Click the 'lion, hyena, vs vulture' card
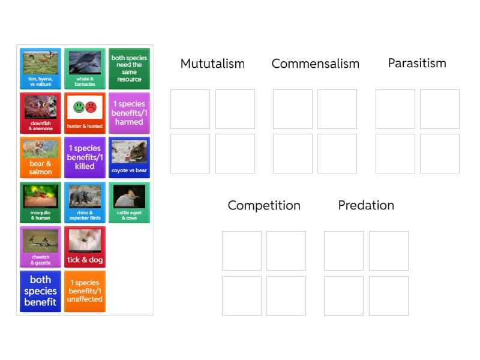click(40, 69)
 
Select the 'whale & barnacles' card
click(85, 69)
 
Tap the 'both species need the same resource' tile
click(129, 69)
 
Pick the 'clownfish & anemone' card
click(40, 113)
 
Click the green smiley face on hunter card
click(79, 107)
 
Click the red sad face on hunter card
click(91, 107)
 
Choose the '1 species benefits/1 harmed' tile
click(129, 113)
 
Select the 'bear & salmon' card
click(40, 158)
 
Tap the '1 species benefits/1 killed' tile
click(85, 158)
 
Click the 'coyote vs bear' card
click(129, 158)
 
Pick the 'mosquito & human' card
click(40, 202)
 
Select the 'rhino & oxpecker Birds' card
click(85, 202)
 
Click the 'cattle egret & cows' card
click(129, 202)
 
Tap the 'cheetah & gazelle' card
click(40, 247)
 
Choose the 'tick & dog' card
click(85, 247)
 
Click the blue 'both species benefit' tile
click(40, 291)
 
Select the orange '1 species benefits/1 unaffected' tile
click(85, 291)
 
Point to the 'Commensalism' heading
click(315, 64)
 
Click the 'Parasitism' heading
click(417, 63)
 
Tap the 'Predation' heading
click(366, 205)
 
